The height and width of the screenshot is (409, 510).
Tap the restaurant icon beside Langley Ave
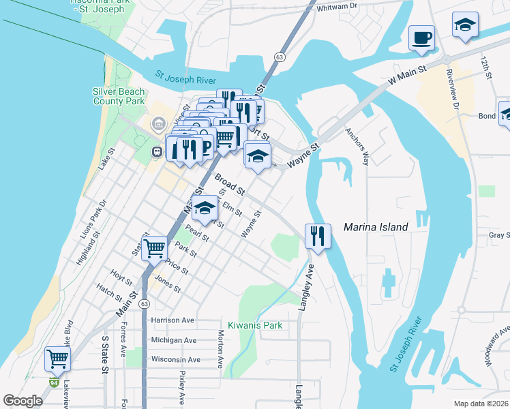317,236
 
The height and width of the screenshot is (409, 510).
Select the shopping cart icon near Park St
154,247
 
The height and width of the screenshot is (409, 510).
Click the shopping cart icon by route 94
58,359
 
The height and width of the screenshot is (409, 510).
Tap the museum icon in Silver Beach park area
158,124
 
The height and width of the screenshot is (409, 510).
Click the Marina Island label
375,227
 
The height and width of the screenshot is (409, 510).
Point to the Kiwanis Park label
255,325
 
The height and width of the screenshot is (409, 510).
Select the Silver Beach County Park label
119,96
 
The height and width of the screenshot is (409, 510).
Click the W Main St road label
406,75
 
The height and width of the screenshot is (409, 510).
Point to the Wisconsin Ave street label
175,359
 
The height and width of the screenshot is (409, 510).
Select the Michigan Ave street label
173,339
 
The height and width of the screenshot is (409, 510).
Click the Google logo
23,401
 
